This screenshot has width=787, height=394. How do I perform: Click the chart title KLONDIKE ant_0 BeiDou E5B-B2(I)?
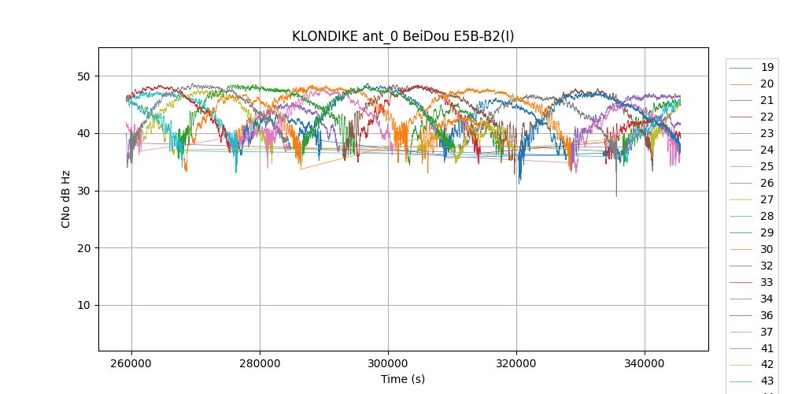click(403, 36)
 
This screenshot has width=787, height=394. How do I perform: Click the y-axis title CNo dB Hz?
click(66, 199)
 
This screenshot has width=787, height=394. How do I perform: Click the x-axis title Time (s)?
click(403, 379)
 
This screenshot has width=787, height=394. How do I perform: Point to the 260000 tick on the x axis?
click(131, 363)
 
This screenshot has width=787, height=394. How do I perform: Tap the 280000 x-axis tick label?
click(260, 363)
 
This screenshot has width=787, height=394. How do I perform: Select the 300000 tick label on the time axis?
click(388, 363)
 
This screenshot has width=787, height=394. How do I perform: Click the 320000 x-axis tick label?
click(516, 363)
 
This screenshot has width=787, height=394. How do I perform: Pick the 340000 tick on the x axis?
click(645, 363)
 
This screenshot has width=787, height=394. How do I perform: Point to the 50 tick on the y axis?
click(83, 76)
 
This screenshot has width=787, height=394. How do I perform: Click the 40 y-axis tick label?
click(83, 134)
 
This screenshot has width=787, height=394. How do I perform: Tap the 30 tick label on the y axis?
click(83, 191)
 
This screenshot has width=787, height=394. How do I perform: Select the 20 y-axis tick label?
click(83, 248)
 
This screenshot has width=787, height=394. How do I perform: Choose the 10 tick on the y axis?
click(83, 306)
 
